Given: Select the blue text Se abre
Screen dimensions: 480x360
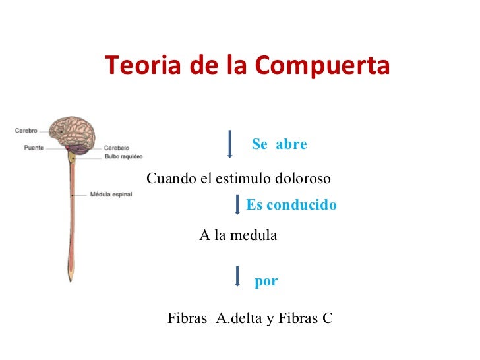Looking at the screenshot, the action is [280, 144].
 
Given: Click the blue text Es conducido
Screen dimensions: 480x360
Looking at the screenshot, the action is [291, 206].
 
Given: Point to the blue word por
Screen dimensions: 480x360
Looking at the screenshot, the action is [266, 282].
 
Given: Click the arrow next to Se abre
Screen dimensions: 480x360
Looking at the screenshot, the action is [229, 144].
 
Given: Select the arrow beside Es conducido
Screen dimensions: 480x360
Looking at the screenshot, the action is [237, 204].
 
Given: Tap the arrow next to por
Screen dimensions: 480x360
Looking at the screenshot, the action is [237, 276].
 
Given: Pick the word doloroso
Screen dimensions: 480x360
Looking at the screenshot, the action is [307, 179].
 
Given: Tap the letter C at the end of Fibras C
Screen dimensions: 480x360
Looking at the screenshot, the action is [327, 319].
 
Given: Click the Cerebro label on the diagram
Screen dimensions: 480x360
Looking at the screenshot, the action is [26, 131].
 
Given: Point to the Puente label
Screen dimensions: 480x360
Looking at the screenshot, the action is [34, 148].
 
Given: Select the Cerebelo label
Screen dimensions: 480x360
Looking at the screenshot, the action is [117, 148].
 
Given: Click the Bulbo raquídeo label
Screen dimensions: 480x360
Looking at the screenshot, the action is [124, 157].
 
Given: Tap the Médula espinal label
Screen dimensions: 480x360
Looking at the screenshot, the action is [111, 195].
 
